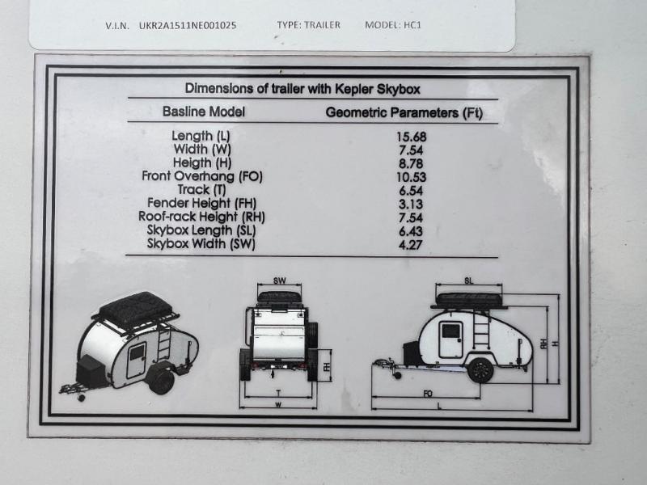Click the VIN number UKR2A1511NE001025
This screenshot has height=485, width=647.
point(188,26)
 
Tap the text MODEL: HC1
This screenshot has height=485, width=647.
point(393,25)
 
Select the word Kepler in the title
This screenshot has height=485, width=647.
point(353,89)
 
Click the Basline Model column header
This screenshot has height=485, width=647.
point(204,112)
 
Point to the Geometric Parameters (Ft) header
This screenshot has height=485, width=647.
point(404,112)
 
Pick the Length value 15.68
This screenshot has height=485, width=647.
point(412,137)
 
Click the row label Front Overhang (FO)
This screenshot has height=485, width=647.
point(202,176)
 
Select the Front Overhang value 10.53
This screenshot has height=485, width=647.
point(412,177)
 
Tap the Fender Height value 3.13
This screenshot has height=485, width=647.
point(411,205)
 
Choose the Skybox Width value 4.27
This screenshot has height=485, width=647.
point(411,246)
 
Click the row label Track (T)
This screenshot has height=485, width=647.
point(201,190)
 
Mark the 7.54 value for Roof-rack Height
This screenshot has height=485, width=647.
point(411,218)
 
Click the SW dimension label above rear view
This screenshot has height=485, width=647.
point(279,280)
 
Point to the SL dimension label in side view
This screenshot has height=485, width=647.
point(469,280)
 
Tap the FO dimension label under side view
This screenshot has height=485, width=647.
point(428,394)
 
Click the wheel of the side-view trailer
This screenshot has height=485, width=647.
point(480,370)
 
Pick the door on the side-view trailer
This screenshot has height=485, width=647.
point(450,340)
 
